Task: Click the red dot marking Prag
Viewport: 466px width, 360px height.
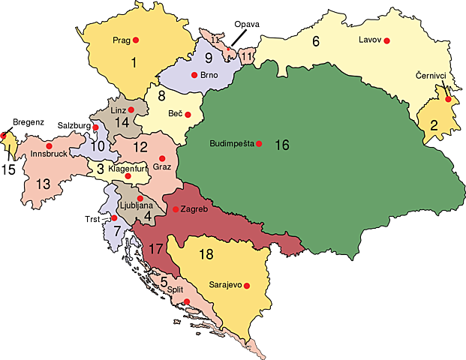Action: tap(136, 40)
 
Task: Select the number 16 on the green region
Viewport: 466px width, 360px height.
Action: tap(282, 145)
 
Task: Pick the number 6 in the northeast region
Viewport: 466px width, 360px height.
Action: tap(316, 42)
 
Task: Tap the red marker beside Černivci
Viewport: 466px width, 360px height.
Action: tap(448, 100)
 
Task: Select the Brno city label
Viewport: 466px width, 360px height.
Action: tap(209, 75)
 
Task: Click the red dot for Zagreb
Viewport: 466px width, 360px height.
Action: tap(176, 209)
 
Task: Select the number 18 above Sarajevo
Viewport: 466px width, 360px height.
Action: tap(206, 254)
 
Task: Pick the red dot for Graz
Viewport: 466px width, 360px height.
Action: tap(162, 159)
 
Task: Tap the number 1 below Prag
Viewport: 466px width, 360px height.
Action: tap(134, 63)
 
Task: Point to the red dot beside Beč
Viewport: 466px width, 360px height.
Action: tap(188, 115)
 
